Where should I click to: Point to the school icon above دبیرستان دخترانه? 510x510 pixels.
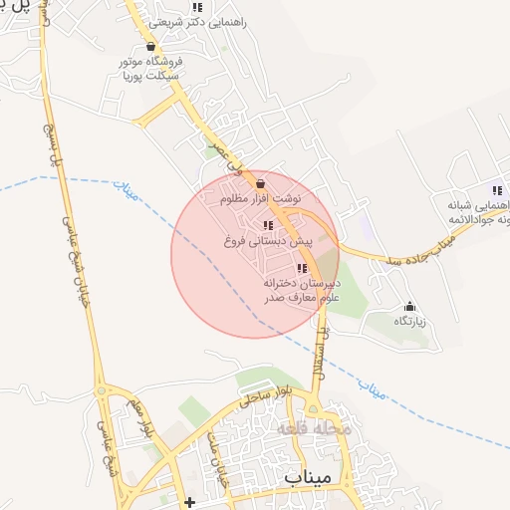[x=302, y=268]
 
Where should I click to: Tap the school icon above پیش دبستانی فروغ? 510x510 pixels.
[x=266, y=225]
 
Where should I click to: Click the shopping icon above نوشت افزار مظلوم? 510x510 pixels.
[x=261, y=183]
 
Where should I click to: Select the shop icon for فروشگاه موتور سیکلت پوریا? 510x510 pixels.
[x=150, y=46]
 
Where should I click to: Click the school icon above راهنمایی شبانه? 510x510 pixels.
[x=496, y=190]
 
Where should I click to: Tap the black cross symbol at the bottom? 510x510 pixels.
[x=190, y=501]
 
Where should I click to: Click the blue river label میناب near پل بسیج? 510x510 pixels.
[x=122, y=185]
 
